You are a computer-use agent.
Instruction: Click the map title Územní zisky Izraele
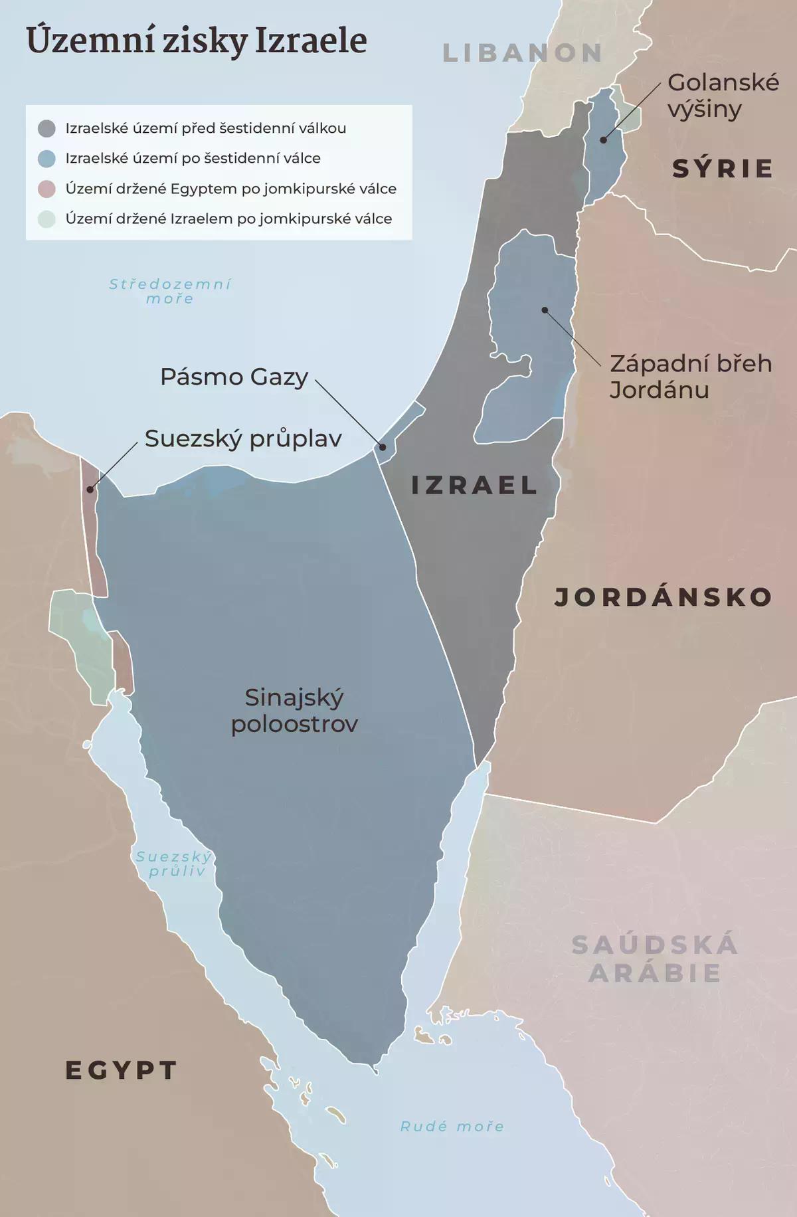tap(197, 41)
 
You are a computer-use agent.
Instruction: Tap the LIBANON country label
tap(522, 53)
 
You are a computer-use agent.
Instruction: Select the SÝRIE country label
tap(723, 169)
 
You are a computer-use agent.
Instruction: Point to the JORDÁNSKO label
tap(663, 597)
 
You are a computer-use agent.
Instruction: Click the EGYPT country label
tap(122, 1070)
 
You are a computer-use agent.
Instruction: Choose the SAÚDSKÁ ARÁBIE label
tap(655, 959)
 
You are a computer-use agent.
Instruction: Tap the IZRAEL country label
tap(474, 485)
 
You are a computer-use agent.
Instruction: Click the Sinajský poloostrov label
tap(294, 710)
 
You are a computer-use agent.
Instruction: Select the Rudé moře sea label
tap(452, 1126)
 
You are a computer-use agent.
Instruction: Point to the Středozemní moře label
tap(170, 291)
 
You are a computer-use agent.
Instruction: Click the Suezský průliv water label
tap(175, 864)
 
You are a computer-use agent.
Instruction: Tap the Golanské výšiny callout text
tap(723, 95)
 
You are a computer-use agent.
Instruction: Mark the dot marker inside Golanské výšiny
tap(603, 140)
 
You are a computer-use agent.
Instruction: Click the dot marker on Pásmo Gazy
tap(383, 447)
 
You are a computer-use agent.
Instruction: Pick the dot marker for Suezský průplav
tap(90, 490)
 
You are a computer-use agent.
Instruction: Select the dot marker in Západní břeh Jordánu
tap(544, 310)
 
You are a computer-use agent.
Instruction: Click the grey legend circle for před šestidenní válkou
tap(46, 128)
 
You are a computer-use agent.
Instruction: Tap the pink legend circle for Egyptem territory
tap(46, 189)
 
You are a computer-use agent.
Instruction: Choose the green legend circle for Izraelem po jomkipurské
tap(46, 219)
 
